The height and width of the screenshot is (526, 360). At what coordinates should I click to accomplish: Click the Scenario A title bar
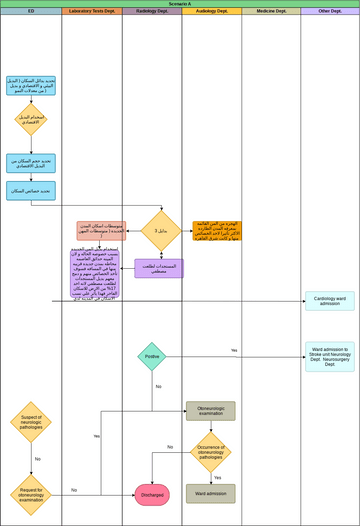tap(180, 4)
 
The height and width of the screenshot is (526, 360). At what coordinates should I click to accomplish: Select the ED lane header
tap(31, 11)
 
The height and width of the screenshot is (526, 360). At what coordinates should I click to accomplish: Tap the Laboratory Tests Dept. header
tap(91, 11)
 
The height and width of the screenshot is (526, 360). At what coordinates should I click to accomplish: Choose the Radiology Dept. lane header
tap(151, 11)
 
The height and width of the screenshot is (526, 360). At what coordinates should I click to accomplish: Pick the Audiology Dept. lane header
tap(211, 11)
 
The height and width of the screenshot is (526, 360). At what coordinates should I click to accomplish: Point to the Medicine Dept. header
tap(271, 11)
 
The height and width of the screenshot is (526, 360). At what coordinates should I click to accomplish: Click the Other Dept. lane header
tap(329, 11)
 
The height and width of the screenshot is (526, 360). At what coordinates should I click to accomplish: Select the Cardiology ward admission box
tap(329, 301)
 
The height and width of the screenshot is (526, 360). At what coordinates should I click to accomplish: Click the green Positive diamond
tap(152, 356)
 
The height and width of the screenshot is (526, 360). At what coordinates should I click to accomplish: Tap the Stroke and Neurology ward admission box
tap(329, 357)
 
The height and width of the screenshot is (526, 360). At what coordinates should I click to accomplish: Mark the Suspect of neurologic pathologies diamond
tap(31, 421)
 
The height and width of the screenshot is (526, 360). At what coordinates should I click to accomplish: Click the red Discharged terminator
tap(152, 493)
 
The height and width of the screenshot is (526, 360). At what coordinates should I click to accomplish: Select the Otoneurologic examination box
tap(210, 411)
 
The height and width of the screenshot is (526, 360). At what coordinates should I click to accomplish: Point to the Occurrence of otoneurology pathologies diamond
tap(210, 451)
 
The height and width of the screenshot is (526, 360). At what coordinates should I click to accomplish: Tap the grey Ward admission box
tap(210, 493)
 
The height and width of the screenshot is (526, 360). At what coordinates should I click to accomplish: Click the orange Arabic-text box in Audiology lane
tap(217, 232)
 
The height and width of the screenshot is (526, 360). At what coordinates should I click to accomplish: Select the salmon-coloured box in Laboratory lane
tap(101, 231)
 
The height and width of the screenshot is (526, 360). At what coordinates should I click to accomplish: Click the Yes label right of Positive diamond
tap(234, 351)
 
